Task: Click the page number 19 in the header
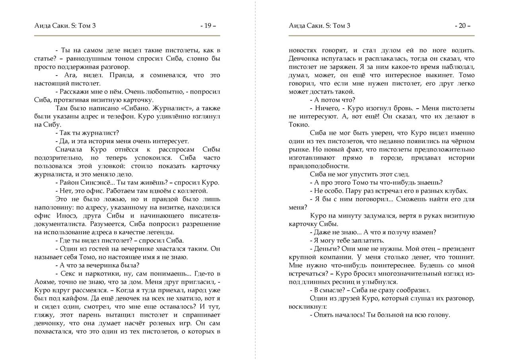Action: pos(208,26)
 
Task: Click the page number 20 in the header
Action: pos(462,26)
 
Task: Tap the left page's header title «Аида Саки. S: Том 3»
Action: pos(65,26)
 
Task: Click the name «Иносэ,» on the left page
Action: pos(73,216)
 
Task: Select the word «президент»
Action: pos(458,249)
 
